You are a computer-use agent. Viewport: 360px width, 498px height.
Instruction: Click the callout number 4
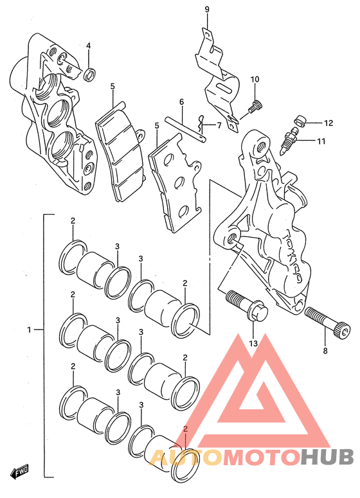click(88, 46)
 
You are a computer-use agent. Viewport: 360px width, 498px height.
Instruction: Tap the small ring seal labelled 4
click(90, 75)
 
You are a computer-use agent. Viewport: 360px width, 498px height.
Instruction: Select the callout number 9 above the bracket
click(207, 9)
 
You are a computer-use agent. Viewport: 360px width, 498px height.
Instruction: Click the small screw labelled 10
click(255, 106)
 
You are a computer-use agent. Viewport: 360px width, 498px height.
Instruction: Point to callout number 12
click(328, 123)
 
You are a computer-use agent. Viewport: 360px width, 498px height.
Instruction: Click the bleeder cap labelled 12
click(300, 121)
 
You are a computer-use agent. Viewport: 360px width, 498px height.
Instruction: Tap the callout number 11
click(321, 141)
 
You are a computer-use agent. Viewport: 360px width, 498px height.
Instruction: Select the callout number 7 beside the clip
click(219, 125)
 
